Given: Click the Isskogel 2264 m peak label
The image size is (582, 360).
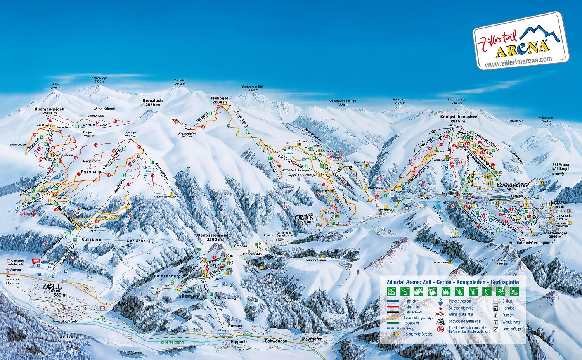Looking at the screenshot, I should pyautogui.click(x=219, y=100).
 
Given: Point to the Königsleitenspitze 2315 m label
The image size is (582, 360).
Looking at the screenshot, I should pyautogui.click(x=458, y=118).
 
